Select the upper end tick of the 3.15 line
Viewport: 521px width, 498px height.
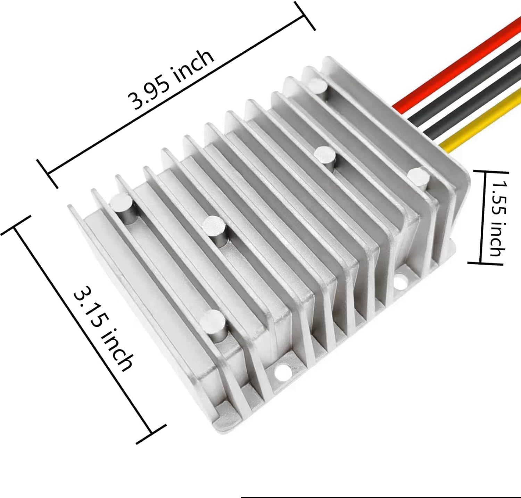16,226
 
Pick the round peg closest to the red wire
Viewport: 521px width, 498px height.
317,84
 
